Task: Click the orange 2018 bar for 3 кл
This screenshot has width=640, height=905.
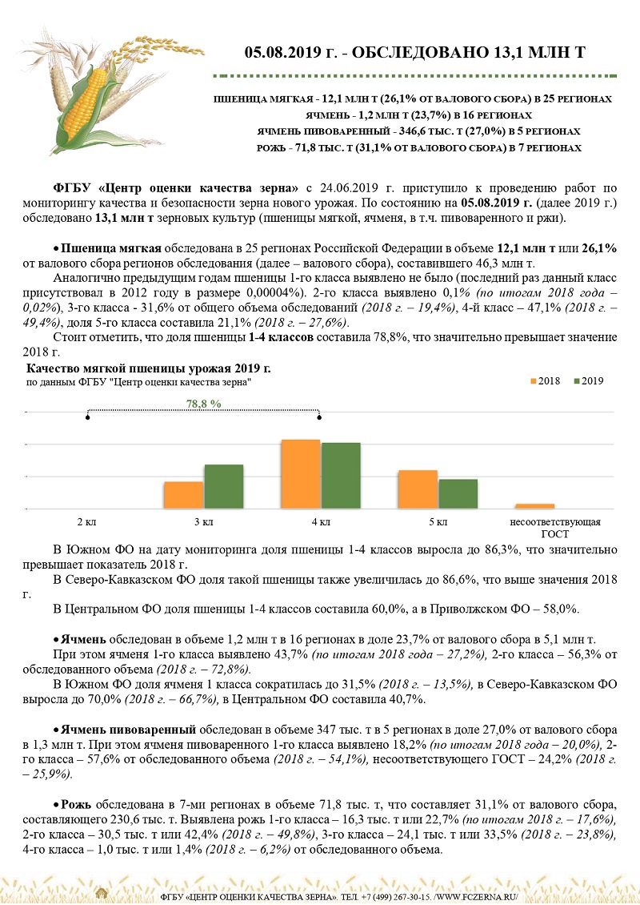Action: tap(183, 495)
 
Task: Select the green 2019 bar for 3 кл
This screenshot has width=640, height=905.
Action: tap(223, 486)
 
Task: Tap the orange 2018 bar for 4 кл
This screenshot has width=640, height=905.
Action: tap(301, 474)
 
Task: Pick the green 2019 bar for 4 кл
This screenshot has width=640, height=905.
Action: tap(341, 476)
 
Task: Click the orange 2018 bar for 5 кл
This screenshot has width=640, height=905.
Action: tap(418, 489)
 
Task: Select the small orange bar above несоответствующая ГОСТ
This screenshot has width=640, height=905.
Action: tap(534, 506)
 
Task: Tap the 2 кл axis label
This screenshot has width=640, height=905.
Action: tap(86, 522)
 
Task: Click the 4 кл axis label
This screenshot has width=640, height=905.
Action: tap(321, 522)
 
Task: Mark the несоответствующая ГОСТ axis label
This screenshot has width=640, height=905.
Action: tap(554, 527)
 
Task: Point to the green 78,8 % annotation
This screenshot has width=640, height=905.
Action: tap(203, 404)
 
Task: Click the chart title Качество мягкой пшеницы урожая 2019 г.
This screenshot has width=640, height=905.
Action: tap(149, 368)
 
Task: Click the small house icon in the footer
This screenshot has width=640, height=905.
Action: tap(102, 893)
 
